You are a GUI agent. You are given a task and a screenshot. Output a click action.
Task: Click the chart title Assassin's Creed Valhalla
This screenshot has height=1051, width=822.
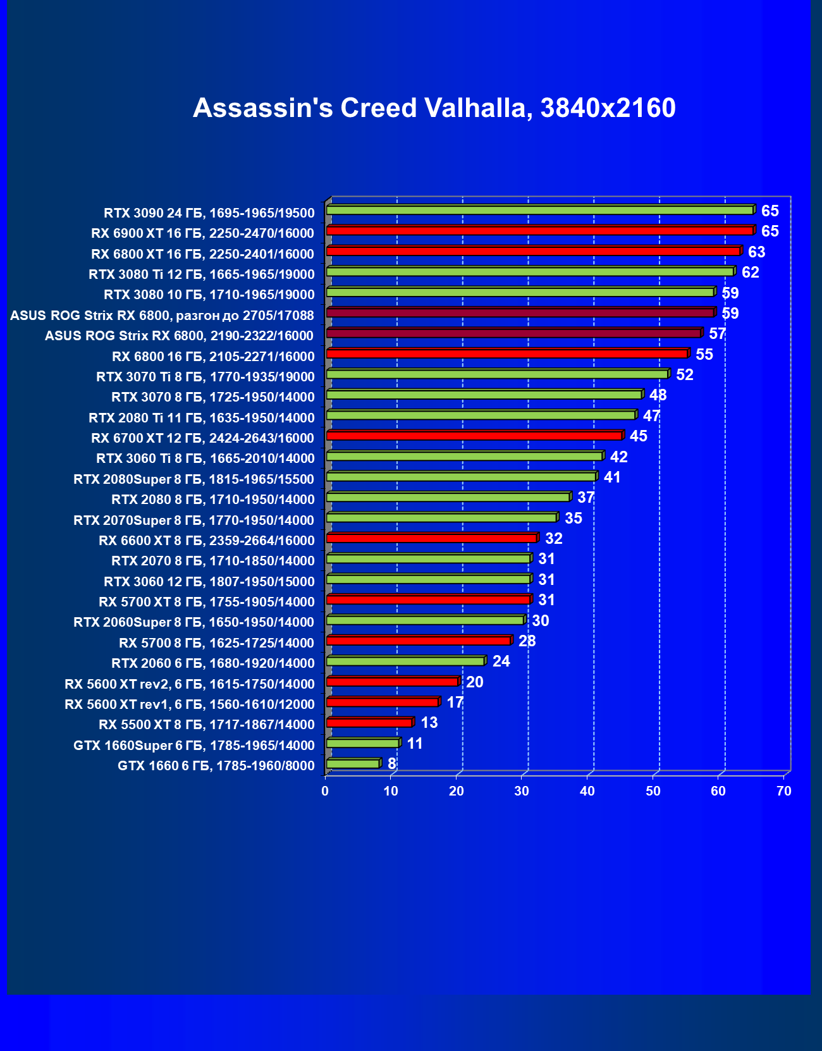434,108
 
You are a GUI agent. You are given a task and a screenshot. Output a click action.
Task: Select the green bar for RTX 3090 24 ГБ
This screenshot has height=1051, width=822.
540,210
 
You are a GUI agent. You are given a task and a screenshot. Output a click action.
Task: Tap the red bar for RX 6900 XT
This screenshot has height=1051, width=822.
540,231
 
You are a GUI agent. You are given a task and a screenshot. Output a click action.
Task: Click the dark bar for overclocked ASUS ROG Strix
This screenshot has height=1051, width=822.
520,312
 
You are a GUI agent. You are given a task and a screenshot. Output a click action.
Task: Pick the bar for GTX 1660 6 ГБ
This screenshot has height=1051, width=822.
353,764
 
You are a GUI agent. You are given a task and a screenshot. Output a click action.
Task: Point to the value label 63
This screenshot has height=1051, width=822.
756,252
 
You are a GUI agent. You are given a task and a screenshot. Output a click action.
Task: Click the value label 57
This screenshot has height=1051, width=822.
717,334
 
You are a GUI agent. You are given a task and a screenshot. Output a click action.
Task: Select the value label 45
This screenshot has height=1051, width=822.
638,436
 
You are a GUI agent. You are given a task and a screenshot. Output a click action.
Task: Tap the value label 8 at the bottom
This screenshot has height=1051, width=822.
392,764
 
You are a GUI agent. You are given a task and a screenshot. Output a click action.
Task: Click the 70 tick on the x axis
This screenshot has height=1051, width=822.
784,791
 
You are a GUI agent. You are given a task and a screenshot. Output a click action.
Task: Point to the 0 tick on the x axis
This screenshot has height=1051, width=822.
325,791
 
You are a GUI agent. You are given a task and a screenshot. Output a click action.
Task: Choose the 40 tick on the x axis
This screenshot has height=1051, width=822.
587,791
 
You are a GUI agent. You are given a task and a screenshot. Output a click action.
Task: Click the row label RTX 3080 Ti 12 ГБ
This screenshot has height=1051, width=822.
202,274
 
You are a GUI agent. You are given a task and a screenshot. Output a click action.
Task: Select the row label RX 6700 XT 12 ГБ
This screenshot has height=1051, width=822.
202,438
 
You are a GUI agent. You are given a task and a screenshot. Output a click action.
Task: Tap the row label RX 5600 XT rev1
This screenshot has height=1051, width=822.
190,704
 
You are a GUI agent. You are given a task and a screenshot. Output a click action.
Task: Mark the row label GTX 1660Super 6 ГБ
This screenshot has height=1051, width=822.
194,746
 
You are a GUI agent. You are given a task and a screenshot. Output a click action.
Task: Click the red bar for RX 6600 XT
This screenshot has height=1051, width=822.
432,538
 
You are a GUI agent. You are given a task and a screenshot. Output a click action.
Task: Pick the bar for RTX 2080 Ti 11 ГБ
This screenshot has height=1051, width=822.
481,415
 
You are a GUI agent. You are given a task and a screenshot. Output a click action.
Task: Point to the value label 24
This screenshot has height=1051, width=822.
501,661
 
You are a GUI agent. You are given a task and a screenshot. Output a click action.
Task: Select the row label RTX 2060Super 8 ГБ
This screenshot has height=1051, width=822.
194,622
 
